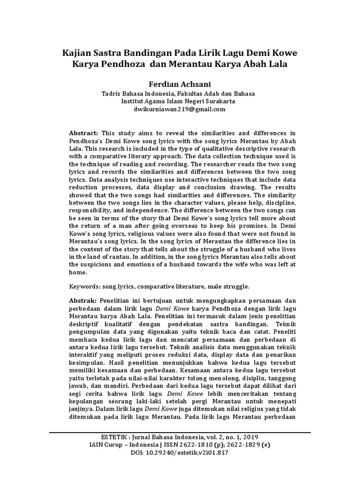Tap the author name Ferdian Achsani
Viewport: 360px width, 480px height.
(x=180, y=85)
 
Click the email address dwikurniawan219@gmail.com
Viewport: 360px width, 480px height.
(x=180, y=109)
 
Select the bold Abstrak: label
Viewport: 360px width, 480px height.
(x=83, y=300)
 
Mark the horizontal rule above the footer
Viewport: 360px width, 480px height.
(x=180, y=432)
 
